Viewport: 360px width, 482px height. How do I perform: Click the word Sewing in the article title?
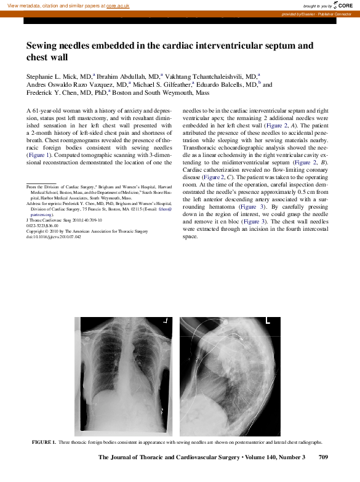[x=43, y=46]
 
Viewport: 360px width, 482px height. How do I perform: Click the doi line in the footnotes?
[x=54, y=236]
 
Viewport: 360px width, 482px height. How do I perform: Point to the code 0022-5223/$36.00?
[x=41, y=225]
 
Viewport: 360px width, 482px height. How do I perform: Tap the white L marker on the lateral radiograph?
[x=268, y=321]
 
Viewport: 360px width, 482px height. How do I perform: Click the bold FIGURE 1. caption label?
[x=44, y=443]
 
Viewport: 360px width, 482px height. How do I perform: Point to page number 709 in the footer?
[x=327, y=457]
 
